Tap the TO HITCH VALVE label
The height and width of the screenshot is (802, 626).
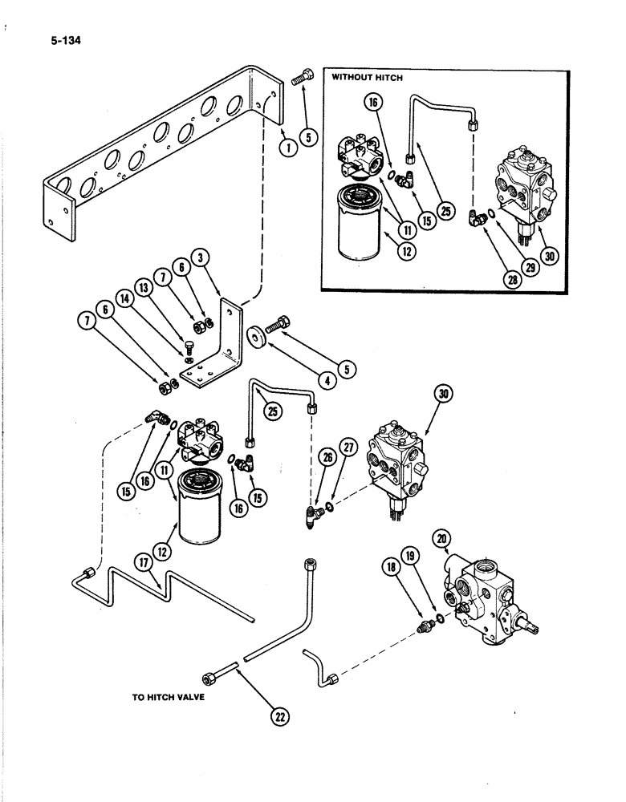pyautogui.click(x=169, y=698)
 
